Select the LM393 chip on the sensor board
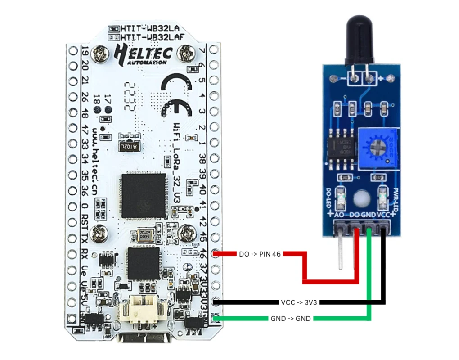343,145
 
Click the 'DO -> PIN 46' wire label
260,254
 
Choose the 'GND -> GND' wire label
290,319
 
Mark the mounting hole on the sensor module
360,198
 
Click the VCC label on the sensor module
383,215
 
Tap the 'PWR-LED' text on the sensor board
396,198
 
